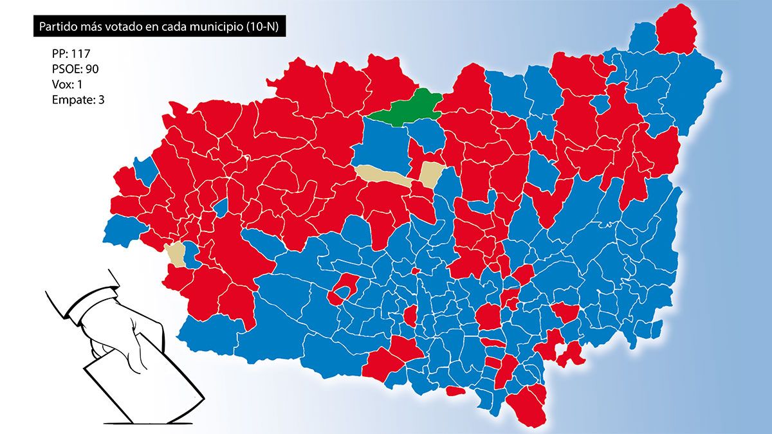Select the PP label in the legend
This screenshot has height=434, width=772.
click(x=59, y=56)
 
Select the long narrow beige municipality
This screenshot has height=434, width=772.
click(x=383, y=175)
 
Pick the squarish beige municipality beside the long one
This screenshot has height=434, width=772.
click(x=430, y=174)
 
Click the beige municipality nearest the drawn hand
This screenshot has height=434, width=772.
click(x=175, y=254)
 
